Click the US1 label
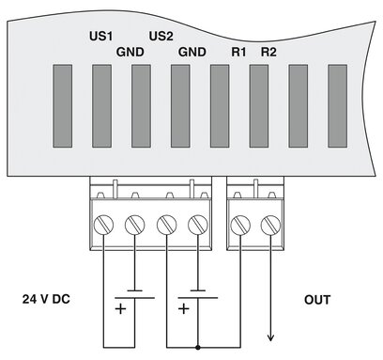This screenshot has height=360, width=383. click(100, 37)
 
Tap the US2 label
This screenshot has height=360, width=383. click(162, 37)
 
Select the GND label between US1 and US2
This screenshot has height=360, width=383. click(130, 53)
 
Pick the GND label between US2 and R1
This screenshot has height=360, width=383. click(191, 53)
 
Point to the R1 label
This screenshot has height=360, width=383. click(238, 53)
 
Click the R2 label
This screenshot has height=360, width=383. click(268, 53)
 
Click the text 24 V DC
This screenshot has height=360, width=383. click(45, 300)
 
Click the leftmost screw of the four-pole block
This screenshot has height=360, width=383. click(104, 226)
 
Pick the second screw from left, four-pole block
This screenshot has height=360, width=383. click(135, 226)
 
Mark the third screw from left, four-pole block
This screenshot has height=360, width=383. click(166, 226)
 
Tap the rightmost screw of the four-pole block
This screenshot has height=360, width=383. click(197, 226)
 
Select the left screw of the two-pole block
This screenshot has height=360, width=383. click(241, 226)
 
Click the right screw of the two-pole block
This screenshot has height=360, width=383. click(272, 226)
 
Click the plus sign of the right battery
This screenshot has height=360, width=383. click(184, 307)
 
